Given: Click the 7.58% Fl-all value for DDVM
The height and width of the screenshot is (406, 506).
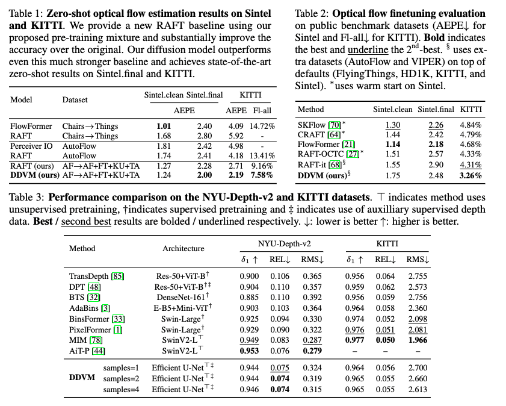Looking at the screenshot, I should point(262,175).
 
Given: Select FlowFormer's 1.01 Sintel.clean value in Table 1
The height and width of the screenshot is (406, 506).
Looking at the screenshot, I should point(163,126).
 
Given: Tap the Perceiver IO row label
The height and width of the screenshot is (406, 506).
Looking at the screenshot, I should point(31,146).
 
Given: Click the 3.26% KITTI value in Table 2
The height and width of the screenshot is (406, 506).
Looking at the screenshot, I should point(470,176).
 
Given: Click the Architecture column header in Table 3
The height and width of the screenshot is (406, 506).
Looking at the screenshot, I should point(183,248).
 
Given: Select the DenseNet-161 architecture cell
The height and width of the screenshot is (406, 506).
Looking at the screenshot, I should point(181,297).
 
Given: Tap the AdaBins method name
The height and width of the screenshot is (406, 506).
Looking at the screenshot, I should point(86,308).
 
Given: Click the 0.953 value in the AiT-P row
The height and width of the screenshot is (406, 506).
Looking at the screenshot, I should point(250,351).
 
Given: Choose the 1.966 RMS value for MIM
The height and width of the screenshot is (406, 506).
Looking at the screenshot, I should point(418,340).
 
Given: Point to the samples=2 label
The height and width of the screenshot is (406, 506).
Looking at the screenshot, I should point(121,378).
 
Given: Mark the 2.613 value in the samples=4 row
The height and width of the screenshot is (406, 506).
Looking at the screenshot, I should point(418,389).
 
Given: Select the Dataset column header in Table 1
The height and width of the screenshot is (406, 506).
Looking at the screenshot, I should point(75,100).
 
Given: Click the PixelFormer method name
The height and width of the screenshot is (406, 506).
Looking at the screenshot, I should point(90,329).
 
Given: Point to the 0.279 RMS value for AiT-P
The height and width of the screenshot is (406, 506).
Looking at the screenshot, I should point(312,351).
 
